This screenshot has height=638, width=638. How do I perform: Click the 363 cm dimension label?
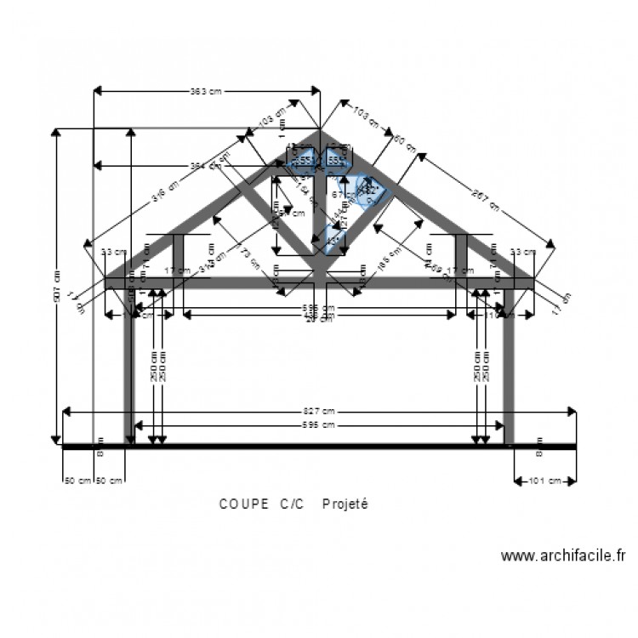point(205,90)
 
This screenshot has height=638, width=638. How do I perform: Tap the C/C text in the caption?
point(291,504)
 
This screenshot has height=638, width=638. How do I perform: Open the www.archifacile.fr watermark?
point(562,556)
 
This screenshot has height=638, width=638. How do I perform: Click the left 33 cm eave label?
point(112,252)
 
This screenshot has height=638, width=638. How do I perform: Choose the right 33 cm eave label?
point(522,252)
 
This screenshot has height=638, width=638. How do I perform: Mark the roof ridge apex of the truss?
point(320,130)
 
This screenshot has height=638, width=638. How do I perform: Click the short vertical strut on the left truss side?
point(179,255)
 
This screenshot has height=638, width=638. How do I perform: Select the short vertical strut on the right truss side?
point(461,255)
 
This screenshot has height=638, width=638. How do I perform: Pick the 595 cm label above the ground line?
point(319,424)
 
